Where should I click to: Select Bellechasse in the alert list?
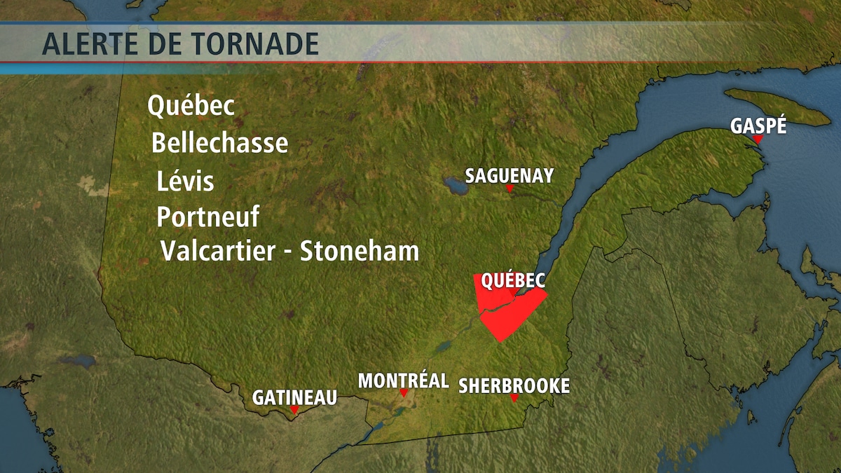[x=219, y=143]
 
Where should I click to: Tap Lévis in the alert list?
[x=185, y=181]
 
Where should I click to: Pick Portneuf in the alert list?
[x=207, y=217]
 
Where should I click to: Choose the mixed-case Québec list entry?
[x=191, y=107]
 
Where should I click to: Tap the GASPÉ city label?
[x=758, y=126]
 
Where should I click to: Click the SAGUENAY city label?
[x=510, y=175]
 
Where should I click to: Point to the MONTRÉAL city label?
[x=404, y=381]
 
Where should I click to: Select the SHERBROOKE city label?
[x=514, y=385]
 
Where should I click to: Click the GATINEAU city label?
[x=294, y=397]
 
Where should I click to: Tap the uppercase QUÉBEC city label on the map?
[x=513, y=280]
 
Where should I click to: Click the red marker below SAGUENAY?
[x=510, y=188]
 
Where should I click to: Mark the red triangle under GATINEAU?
[x=294, y=410]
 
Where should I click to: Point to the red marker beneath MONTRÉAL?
[x=404, y=393]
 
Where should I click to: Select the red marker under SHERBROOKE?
[x=514, y=398]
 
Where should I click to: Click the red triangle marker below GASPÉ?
[x=758, y=139]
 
